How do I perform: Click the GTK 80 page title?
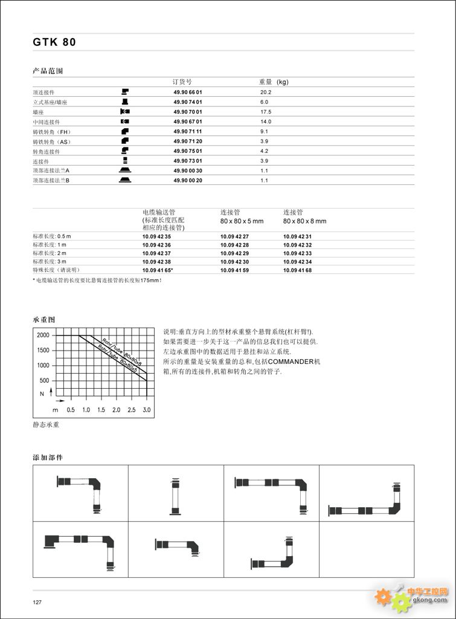coord(54,42)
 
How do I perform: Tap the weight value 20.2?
coord(266,92)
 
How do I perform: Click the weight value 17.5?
coord(266,112)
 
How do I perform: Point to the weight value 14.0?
coord(266,122)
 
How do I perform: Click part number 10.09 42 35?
coord(156,236)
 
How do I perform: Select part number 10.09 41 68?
coord(297,270)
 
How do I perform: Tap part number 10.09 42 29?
coord(234,253)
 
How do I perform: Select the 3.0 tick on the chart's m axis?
coord(146,410)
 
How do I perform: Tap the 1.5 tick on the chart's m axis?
coord(101,410)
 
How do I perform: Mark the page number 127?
coord(37,602)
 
